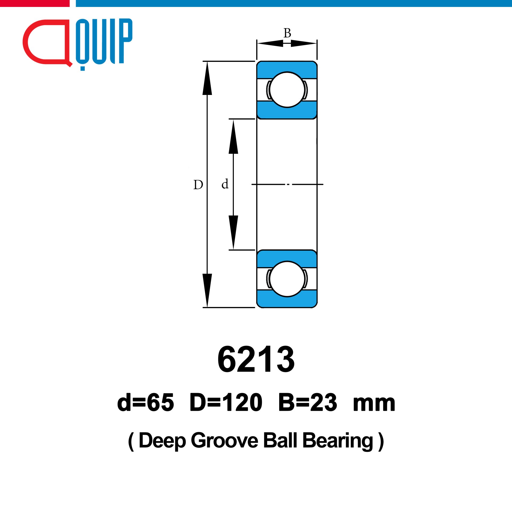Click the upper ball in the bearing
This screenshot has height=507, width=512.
[x=287, y=90]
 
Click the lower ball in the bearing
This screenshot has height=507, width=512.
[x=287, y=279]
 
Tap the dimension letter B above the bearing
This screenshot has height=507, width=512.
[x=287, y=33]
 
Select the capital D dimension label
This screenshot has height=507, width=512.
[x=198, y=185]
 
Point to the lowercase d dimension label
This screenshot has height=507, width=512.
[x=225, y=184]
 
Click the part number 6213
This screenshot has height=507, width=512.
[x=256, y=359]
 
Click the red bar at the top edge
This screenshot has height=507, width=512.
[x=35, y=3]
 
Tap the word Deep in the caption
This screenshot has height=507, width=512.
[x=162, y=441]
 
